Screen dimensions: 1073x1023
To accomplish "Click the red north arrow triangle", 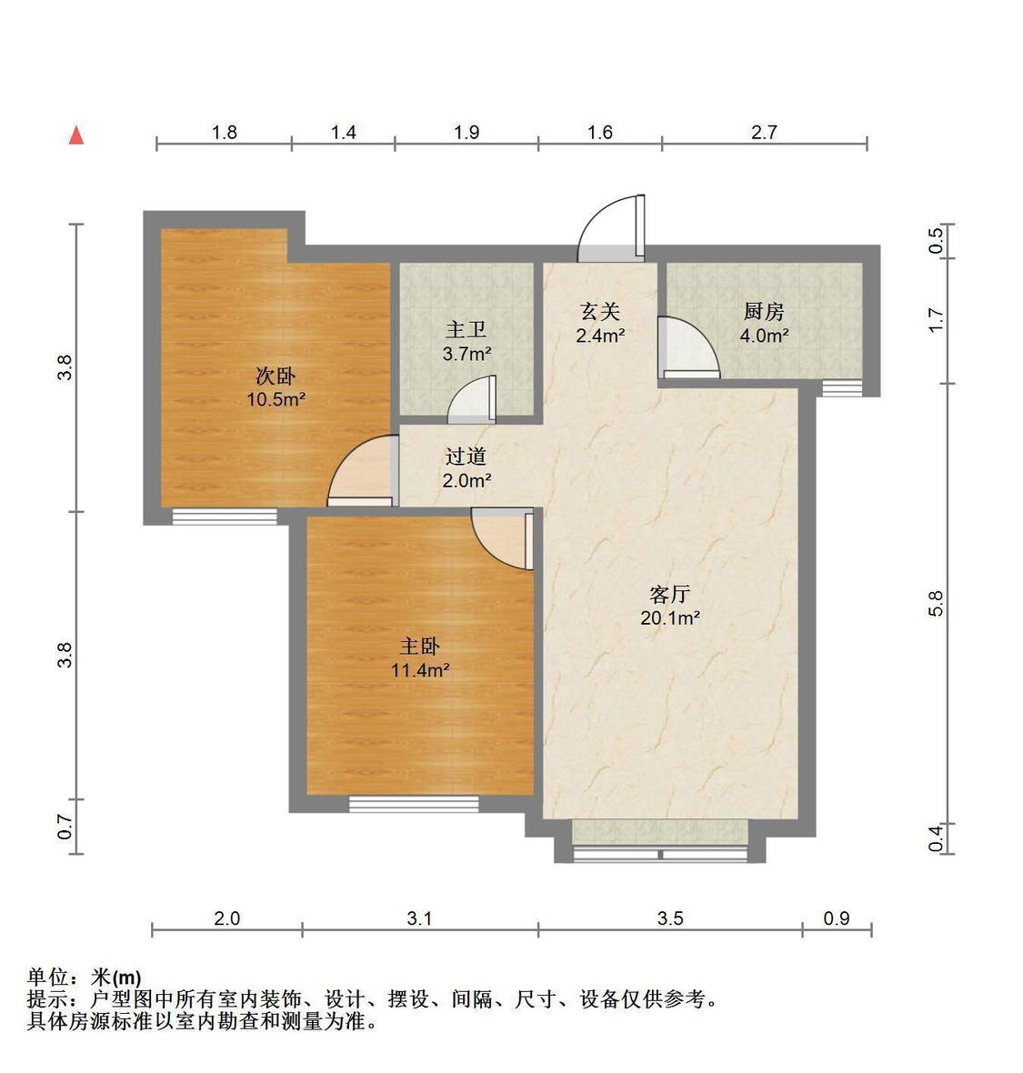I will point(77,135).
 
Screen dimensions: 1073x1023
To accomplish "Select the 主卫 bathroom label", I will point(466,330).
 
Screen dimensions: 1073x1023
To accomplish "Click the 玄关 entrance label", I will point(599,312).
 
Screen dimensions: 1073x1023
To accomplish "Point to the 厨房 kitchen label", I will point(763,312).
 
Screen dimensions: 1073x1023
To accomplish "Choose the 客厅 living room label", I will point(671,595).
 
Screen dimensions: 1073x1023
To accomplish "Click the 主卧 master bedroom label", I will point(420,647).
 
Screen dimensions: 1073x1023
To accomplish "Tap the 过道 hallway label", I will point(466,456).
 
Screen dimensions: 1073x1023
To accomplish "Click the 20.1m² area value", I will point(671,618).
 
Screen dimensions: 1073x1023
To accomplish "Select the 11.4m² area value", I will point(420,671).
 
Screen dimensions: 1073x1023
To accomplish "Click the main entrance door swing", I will point(611,227).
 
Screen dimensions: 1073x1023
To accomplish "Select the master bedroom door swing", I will point(501,538).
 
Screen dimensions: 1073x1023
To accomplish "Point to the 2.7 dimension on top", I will point(764,133).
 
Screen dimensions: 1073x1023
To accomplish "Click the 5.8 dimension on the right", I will point(937,603).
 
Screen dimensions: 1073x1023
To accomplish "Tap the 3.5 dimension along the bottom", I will point(670,918).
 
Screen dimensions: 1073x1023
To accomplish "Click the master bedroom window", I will point(414,803).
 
